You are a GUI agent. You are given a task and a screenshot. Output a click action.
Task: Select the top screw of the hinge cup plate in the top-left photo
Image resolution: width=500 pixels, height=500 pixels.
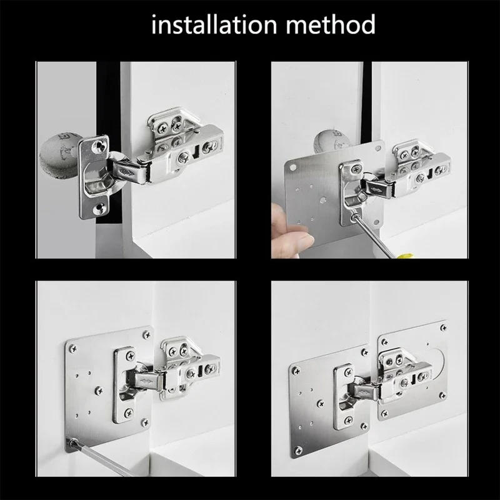point(97,145)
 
